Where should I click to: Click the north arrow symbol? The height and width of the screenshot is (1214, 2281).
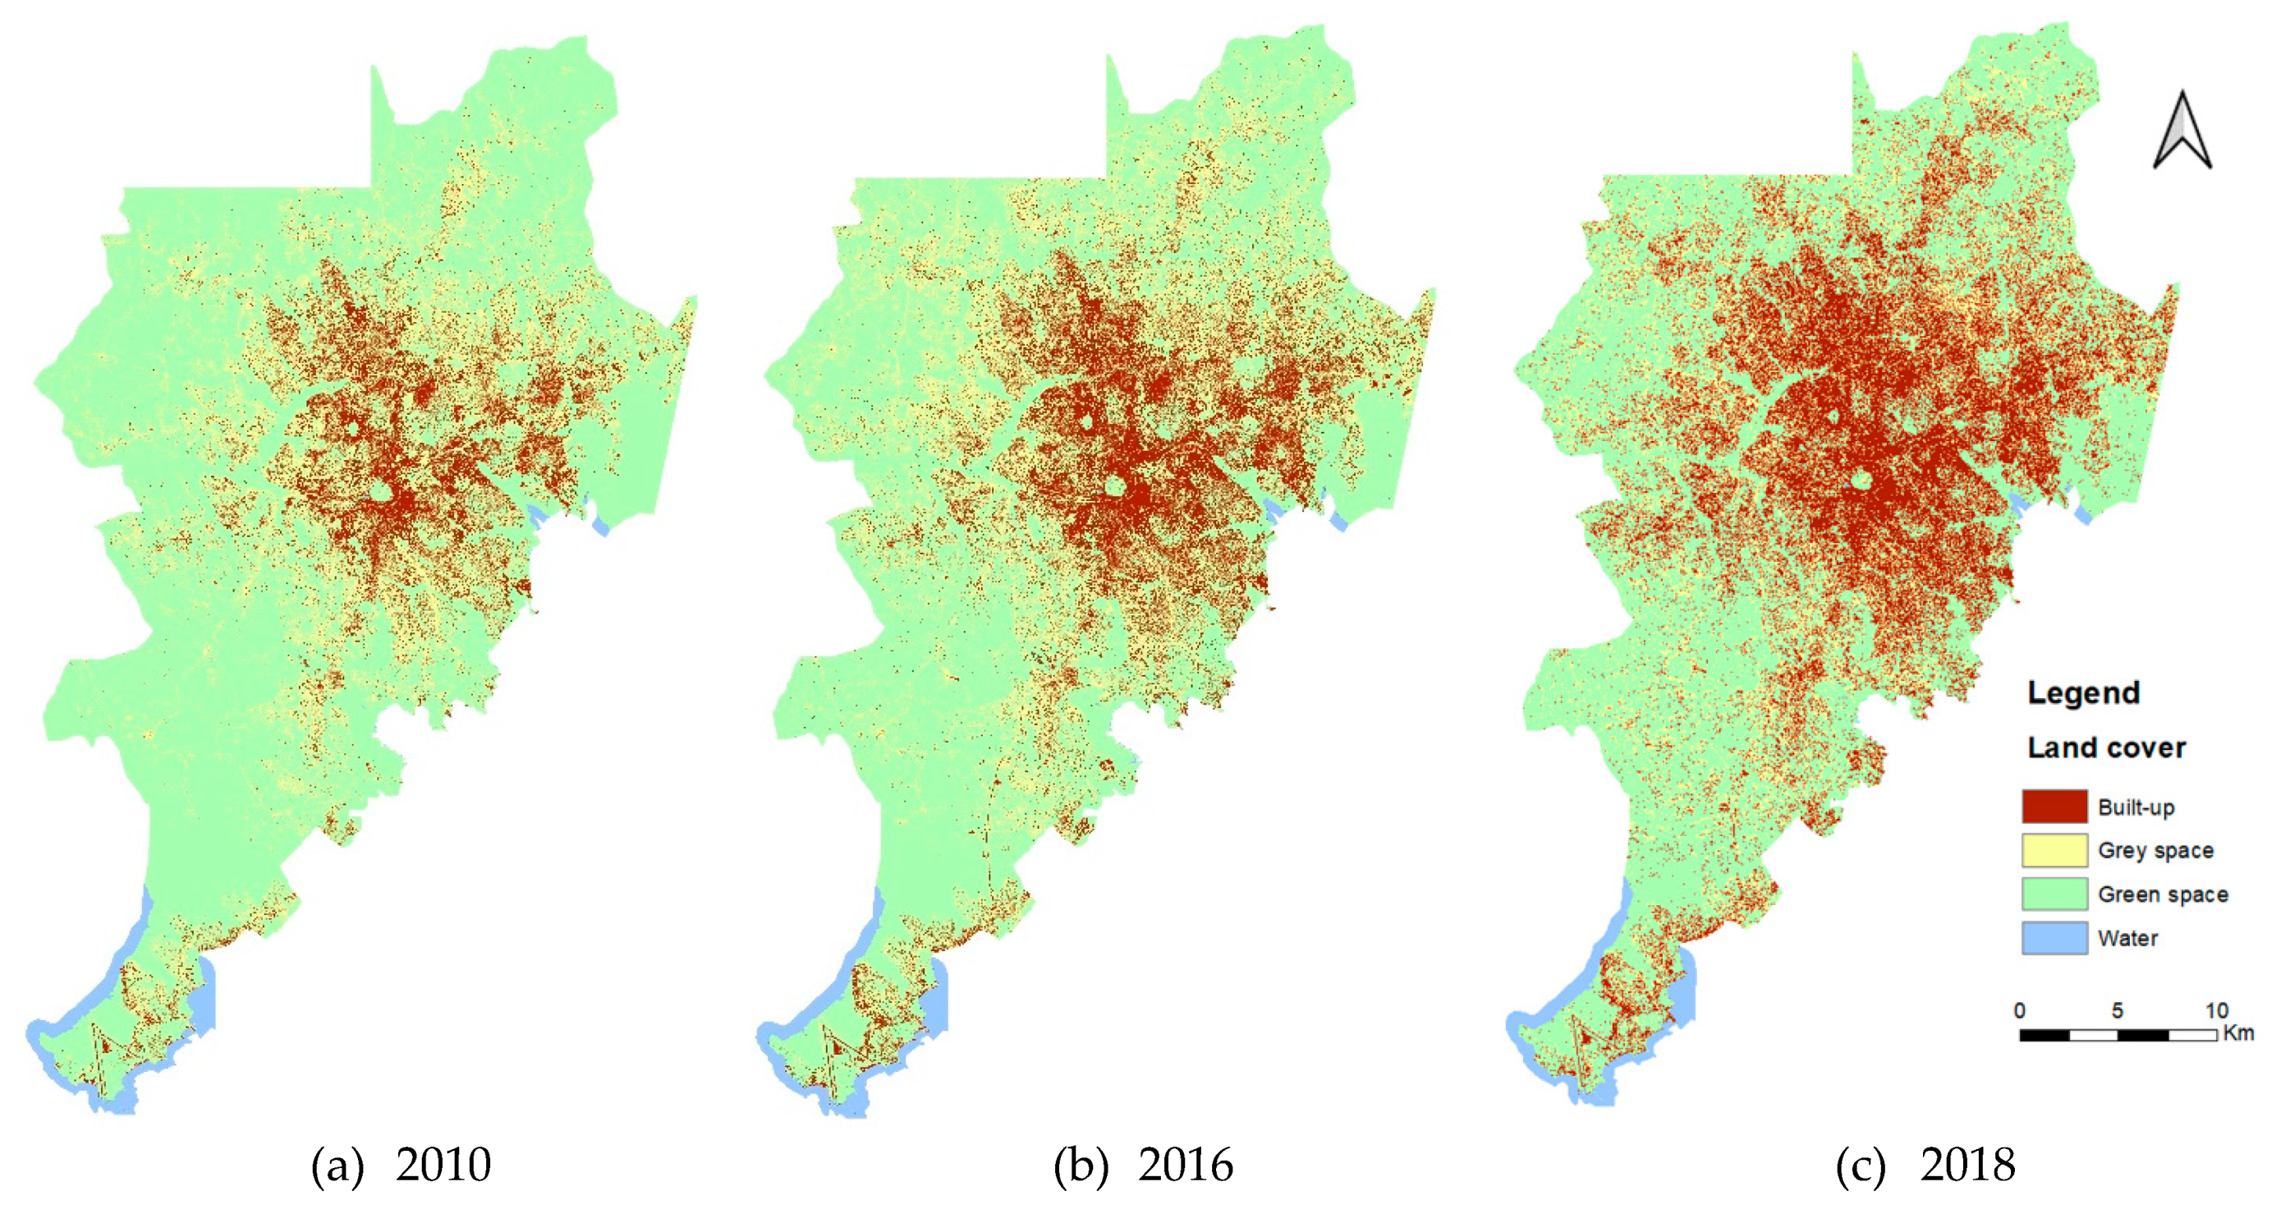click(2182, 133)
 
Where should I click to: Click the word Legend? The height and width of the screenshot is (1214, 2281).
click(2084, 692)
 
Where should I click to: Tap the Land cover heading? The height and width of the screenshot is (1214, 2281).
click(2105, 747)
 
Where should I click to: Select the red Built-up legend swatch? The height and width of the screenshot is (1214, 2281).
click(2054, 807)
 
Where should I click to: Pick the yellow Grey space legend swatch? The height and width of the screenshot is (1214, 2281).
click(2054, 850)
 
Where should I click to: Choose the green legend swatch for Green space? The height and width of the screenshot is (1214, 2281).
click(2054, 894)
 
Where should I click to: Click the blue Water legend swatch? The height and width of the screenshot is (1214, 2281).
click(2054, 938)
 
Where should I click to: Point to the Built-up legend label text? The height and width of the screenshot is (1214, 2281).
click(2136, 807)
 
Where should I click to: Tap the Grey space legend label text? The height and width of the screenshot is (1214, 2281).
click(2155, 851)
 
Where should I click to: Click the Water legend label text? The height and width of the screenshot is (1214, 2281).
click(2127, 939)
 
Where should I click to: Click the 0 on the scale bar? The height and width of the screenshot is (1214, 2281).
click(2019, 1010)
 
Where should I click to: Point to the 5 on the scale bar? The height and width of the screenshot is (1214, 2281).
click(2117, 1010)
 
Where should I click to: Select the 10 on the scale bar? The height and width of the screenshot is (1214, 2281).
click(2215, 1010)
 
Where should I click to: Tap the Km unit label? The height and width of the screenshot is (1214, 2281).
click(2238, 1033)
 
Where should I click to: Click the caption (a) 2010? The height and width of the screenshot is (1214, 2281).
click(400, 1165)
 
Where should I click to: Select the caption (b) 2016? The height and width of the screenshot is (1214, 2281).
click(1142, 1165)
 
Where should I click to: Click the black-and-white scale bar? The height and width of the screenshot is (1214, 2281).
click(2117, 1035)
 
